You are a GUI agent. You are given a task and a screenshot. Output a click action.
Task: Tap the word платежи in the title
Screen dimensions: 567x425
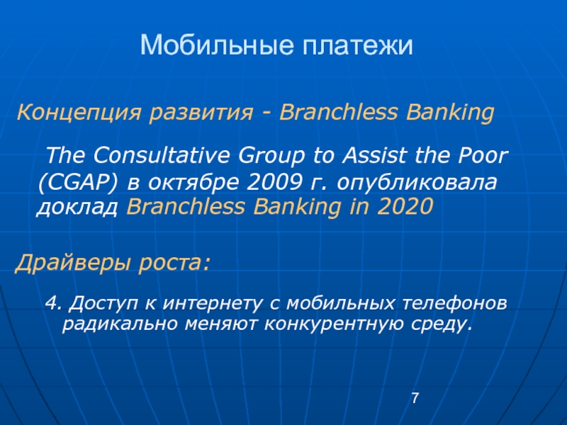[357, 45]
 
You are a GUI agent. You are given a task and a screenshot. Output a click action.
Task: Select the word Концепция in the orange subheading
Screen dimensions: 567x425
[79, 113]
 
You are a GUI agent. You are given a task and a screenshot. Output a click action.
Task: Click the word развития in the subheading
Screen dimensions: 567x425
[201, 113]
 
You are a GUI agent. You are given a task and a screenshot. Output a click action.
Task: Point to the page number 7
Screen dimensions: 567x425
[415, 398]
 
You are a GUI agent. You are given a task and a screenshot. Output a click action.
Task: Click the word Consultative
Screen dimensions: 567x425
[162, 155]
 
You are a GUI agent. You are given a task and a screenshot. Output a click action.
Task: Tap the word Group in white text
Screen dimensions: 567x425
[271, 156]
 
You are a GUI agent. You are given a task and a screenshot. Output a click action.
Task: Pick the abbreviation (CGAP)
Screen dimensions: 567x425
[78, 183]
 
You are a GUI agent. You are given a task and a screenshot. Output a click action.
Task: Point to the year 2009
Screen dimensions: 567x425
[274, 182]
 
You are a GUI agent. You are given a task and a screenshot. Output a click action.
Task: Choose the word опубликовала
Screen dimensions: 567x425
[417, 183]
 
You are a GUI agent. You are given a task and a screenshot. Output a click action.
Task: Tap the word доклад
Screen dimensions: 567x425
[77, 207]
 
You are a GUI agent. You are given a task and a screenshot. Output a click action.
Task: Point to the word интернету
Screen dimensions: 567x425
[212, 303]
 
